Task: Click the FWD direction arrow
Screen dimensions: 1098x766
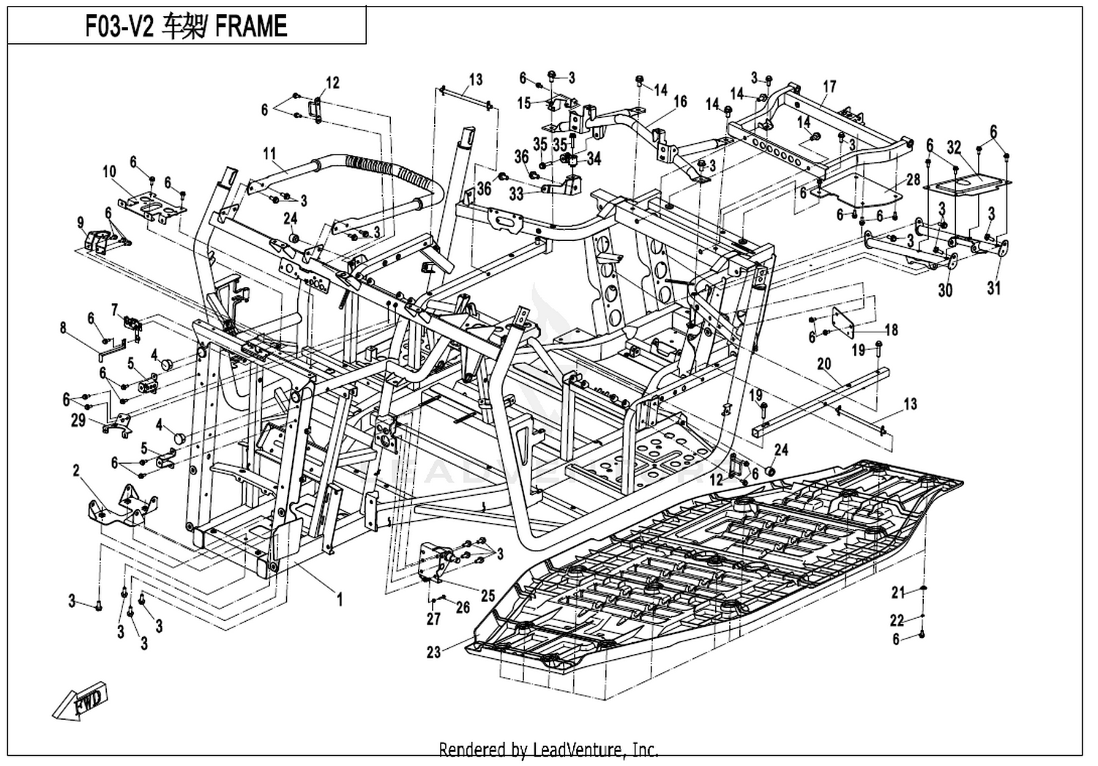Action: pos(80,701)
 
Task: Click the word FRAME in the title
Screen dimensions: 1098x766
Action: pos(251,26)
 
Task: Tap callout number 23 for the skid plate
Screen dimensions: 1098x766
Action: pos(434,652)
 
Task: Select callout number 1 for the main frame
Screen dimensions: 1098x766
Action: pos(339,599)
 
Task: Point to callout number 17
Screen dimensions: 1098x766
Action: pos(829,87)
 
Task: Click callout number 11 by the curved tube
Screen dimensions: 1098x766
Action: pos(269,154)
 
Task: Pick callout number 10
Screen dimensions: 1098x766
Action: pos(109,171)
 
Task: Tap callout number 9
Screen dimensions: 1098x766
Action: pos(81,223)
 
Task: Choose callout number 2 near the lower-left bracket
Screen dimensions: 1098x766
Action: pos(76,471)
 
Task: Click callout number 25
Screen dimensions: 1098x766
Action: pos(488,595)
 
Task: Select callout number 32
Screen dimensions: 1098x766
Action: pos(954,147)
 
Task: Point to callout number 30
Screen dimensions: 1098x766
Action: pos(945,290)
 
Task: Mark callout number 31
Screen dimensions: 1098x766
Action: pos(993,288)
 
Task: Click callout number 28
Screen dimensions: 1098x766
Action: pos(914,179)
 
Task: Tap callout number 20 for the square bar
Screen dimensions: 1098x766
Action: pos(824,364)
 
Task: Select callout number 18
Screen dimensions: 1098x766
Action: pos(892,330)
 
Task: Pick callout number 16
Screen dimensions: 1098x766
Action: pos(680,102)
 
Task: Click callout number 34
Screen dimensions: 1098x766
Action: pos(594,159)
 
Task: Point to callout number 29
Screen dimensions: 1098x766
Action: pos(78,420)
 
